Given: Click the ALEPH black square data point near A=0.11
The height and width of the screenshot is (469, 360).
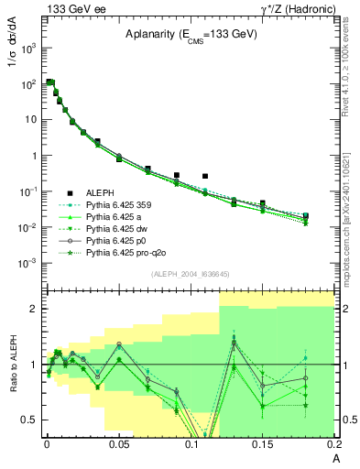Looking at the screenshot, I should [205, 176].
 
